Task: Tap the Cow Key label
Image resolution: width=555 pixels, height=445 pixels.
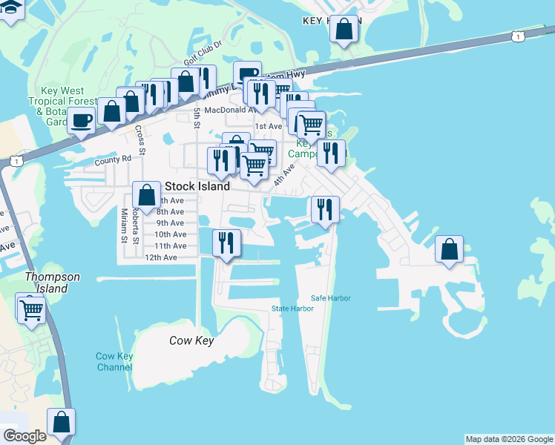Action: (x=191, y=341)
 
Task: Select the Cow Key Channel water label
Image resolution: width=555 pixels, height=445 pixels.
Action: (x=114, y=361)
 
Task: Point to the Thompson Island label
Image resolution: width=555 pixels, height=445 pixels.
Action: (x=52, y=282)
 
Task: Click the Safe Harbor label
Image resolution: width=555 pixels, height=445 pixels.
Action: (x=330, y=298)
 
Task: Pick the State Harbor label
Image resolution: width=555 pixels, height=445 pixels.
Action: (x=292, y=309)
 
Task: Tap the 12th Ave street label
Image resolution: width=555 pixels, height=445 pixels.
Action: (x=161, y=257)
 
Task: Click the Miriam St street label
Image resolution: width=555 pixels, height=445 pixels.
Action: (x=124, y=225)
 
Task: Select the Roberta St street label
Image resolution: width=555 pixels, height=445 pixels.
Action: (x=136, y=225)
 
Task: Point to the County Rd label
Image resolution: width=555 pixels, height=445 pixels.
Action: (x=113, y=159)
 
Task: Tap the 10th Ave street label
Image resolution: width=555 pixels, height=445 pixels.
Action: (x=170, y=234)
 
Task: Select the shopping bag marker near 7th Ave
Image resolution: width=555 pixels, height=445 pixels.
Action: (x=146, y=195)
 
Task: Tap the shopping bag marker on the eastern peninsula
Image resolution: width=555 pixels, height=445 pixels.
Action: (x=449, y=249)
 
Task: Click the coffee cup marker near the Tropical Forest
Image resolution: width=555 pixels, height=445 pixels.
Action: (x=82, y=119)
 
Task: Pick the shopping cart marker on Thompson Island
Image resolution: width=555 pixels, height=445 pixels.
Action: (x=31, y=310)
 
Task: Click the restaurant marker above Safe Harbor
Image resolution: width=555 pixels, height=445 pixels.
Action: (x=325, y=209)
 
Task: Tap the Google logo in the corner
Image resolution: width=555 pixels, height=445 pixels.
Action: (x=24, y=436)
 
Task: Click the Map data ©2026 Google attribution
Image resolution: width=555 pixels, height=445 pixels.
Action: (x=509, y=439)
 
